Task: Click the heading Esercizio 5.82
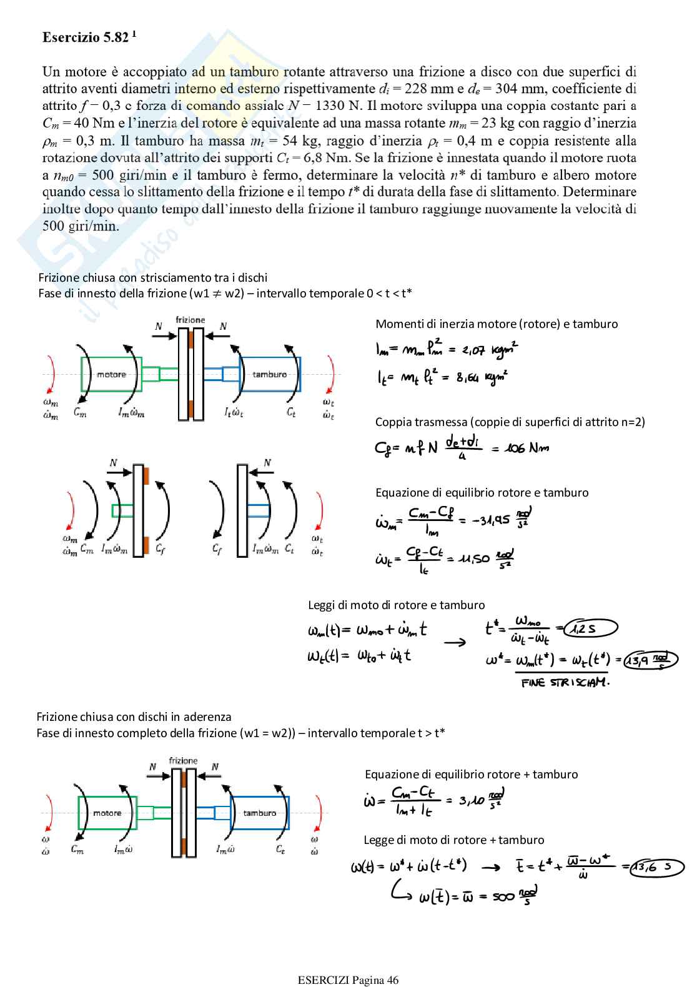coord(89,37)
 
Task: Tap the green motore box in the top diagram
coord(111,374)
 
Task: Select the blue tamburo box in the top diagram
coord(270,374)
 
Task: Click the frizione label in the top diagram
coord(190,320)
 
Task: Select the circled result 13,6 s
coord(656,867)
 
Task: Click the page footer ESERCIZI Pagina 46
coord(348,980)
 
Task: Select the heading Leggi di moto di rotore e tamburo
coord(396,605)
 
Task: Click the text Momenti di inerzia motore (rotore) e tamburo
coord(497,324)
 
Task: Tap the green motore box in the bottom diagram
coord(107,813)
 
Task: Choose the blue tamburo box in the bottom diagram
coord(259,813)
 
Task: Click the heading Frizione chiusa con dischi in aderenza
coord(134,717)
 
